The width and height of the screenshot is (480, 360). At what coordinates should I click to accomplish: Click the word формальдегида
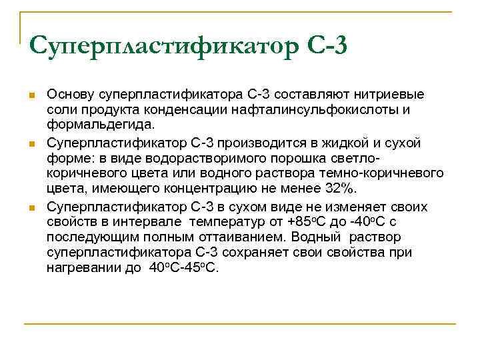100,125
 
